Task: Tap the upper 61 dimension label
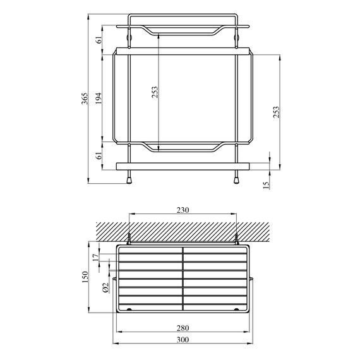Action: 98,40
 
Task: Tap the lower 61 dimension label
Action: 98,155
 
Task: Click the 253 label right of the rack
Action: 275,112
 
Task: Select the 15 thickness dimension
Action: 266,185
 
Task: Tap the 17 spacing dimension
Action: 95,257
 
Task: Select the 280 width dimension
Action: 183,328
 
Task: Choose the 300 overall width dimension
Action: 183,340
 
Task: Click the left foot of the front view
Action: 129,179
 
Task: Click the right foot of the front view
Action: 237,179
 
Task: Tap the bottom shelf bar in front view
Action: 183,166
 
